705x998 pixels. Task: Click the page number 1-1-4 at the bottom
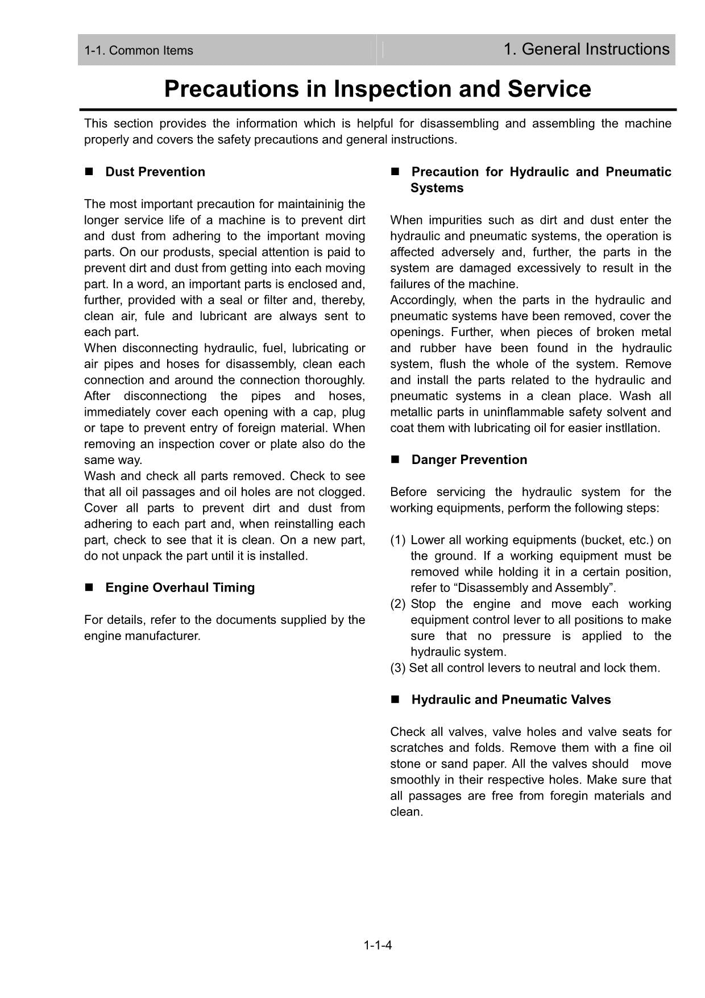[x=378, y=946]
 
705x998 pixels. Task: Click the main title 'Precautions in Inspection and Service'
[x=378, y=89]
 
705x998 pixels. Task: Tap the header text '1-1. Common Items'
[x=139, y=51]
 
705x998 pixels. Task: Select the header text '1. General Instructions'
[x=586, y=49]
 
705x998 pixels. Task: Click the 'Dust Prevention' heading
[x=155, y=172]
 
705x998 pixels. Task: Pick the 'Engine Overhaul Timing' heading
[x=180, y=588]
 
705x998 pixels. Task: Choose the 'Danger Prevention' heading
[x=469, y=460]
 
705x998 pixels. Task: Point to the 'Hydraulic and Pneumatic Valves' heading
[x=511, y=700]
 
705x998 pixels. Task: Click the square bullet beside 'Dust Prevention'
[x=89, y=172]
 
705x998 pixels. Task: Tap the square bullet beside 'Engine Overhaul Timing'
[x=89, y=588]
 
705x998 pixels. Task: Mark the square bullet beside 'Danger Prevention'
[x=395, y=460]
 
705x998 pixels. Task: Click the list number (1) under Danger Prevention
[x=398, y=540]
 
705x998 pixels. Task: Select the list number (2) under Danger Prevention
[x=398, y=604]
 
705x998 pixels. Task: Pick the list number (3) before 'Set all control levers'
[x=398, y=668]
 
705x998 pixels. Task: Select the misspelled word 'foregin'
[x=569, y=796]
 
